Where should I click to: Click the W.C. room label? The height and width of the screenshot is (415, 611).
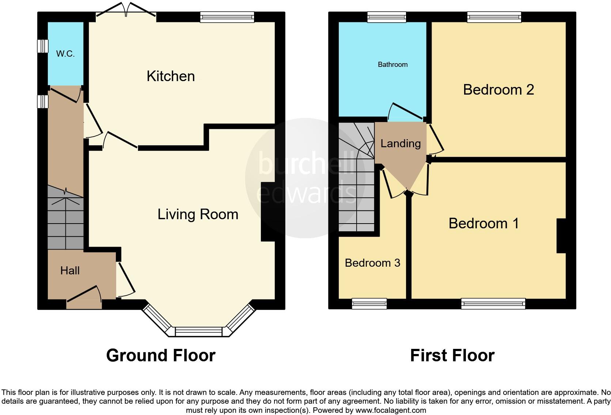point(65,54)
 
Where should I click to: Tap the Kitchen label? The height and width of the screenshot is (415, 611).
point(171,76)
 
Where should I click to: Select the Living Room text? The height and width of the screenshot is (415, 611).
point(198,214)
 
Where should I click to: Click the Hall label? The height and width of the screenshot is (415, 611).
point(70,270)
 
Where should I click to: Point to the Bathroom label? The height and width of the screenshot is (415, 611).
point(392,65)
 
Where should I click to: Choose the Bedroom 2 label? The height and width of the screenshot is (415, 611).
point(498,90)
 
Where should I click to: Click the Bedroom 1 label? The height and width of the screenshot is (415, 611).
point(483,223)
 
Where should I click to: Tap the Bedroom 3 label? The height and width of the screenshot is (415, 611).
point(372,263)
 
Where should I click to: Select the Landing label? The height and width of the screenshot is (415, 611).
point(401,143)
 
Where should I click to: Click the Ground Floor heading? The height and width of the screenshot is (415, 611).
point(161,355)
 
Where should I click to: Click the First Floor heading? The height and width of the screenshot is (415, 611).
point(452,355)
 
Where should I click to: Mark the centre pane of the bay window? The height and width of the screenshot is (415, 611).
point(199,332)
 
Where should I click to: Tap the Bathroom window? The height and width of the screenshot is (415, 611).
point(386,17)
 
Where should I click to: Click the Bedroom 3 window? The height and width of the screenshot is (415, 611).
point(369,303)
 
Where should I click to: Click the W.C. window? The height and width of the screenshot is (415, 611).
point(43,46)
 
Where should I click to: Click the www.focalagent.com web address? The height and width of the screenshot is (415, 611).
point(390,410)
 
